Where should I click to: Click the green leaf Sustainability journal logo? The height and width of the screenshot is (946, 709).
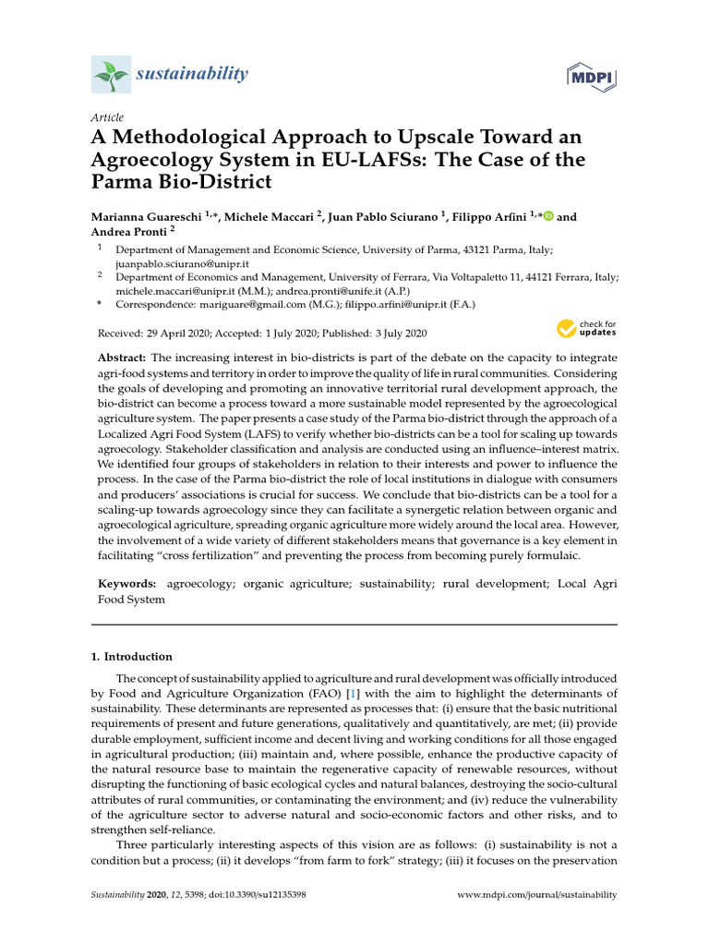tap(111, 73)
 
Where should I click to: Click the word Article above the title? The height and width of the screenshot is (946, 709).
tap(107, 117)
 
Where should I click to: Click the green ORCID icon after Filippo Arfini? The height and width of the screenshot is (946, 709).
tap(548, 217)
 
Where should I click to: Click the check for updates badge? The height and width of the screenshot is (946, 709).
tap(585, 329)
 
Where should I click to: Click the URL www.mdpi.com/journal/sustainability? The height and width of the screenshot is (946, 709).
tap(538, 895)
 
